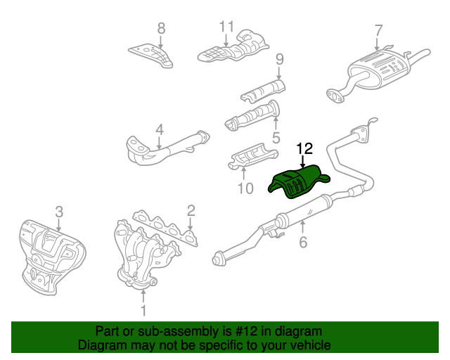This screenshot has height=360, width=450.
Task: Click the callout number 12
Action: point(304,148)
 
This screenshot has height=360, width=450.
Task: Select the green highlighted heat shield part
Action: point(298,182)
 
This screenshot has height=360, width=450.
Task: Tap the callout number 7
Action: point(378,31)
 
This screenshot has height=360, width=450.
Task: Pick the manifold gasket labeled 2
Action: point(165,228)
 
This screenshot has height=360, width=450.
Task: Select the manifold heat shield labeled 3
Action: point(53,257)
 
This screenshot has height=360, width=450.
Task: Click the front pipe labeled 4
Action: point(168,148)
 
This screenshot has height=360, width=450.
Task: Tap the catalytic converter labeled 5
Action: point(252,116)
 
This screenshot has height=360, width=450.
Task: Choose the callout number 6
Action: point(303,243)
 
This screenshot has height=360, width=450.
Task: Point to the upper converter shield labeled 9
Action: point(263,91)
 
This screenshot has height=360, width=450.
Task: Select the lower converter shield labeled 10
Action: point(252,157)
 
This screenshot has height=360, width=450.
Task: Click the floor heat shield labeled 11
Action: point(233,47)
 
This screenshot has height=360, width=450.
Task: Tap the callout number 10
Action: point(245,188)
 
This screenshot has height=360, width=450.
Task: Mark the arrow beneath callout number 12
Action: point(302,162)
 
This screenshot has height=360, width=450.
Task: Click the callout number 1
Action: point(143,310)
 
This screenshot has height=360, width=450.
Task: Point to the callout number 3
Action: point(59,212)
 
